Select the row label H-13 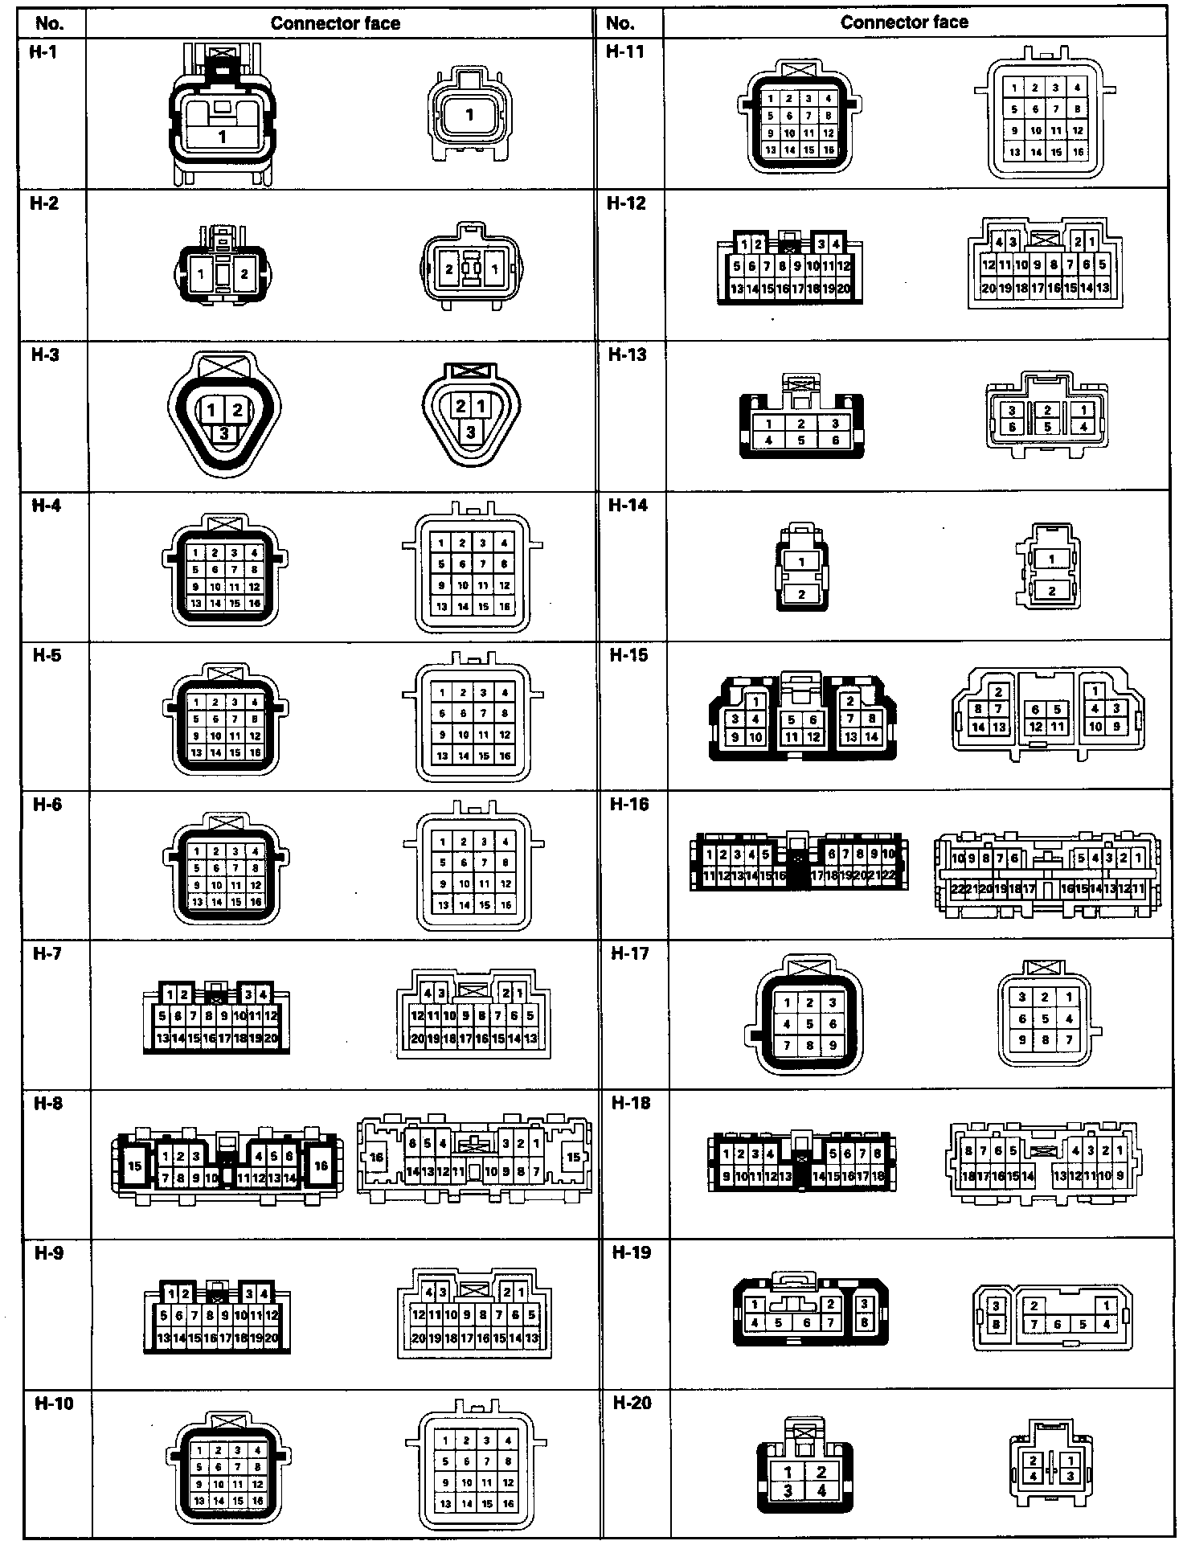pyautogui.click(x=627, y=354)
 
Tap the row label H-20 pyautogui.click(x=632, y=1403)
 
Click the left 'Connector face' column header pyautogui.click(x=335, y=23)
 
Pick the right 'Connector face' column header pyautogui.click(x=904, y=23)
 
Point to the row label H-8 pyautogui.click(x=47, y=1104)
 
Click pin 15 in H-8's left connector pyautogui.click(x=135, y=1166)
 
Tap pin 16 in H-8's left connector pyautogui.click(x=321, y=1166)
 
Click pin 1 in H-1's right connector pyautogui.click(x=470, y=115)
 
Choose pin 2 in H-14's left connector pyautogui.click(x=801, y=595)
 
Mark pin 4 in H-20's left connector pyautogui.click(x=821, y=1490)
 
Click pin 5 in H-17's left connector pyautogui.click(x=809, y=1024)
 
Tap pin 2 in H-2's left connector pyautogui.click(x=244, y=274)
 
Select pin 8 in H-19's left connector pyautogui.click(x=864, y=1322)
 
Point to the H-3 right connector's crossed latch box pyautogui.click(x=471, y=371)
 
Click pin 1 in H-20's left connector pyautogui.click(x=788, y=1472)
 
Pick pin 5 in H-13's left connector pyautogui.click(x=801, y=441)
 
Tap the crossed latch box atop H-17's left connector pyautogui.click(x=809, y=969)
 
